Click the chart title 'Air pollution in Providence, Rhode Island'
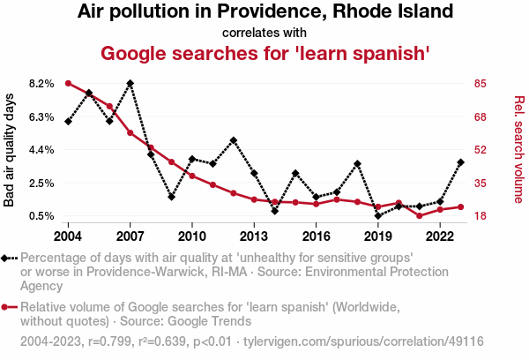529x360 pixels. click(x=264, y=12)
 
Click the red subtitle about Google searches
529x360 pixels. click(x=264, y=53)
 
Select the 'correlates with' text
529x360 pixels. click(x=264, y=33)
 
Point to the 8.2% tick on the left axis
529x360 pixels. click(x=42, y=84)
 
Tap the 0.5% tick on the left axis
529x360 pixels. click(x=42, y=216)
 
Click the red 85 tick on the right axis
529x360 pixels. click(x=480, y=84)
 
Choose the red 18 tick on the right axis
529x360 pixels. click(x=480, y=216)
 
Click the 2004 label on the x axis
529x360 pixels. click(x=68, y=236)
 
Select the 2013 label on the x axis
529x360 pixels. click(x=254, y=236)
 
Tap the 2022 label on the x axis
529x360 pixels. click(x=440, y=236)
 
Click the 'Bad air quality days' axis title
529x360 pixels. click(x=10, y=150)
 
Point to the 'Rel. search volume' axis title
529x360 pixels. click(x=519, y=150)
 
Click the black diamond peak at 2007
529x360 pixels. click(x=130, y=84)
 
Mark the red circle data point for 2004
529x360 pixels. click(x=68, y=84)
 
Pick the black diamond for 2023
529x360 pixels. click(x=461, y=162)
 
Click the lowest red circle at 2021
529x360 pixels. click(x=420, y=215)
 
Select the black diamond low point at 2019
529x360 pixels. click(x=378, y=215)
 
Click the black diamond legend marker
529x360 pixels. click(x=7, y=258)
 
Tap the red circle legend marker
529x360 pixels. click(x=7, y=307)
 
